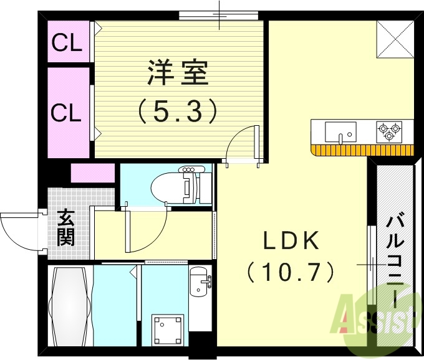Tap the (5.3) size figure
click(177, 111)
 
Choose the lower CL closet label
click(66, 113)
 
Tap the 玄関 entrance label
click(66, 227)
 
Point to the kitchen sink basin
click(340, 131)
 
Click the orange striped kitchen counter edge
click(362, 149)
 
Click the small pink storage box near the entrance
click(92, 173)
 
